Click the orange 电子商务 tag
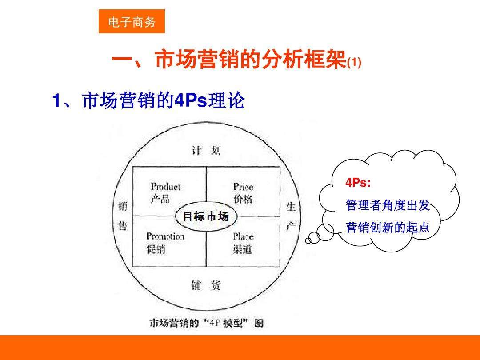click(x=132, y=22)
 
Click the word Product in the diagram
click(x=165, y=187)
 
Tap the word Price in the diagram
click(x=243, y=187)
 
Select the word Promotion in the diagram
click(x=165, y=236)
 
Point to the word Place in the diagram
click(x=243, y=236)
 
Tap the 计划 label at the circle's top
click(x=206, y=150)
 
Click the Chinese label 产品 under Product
click(x=160, y=199)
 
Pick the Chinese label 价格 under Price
click(x=243, y=199)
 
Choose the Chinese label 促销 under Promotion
click(x=156, y=249)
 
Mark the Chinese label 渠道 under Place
click(x=242, y=249)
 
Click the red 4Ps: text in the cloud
click(x=358, y=183)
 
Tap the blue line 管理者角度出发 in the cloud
click(x=388, y=205)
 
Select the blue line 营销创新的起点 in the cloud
click(x=388, y=228)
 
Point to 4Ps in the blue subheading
click(x=191, y=101)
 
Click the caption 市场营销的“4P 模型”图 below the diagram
click(x=206, y=323)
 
